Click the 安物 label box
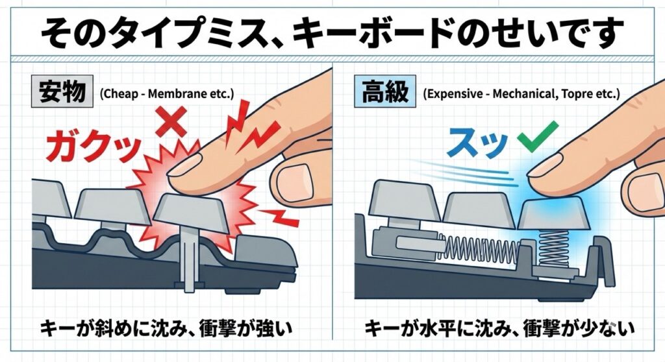coord(62,91)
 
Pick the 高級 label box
coord(385,91)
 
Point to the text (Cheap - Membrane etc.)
coord(167,93)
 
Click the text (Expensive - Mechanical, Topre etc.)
coord(521,93)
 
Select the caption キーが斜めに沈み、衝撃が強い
coord(167,328)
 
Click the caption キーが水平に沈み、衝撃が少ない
coord(500,328)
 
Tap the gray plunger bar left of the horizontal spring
coord(421,243)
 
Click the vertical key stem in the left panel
coord(188,263)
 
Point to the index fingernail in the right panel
coord(547,165)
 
